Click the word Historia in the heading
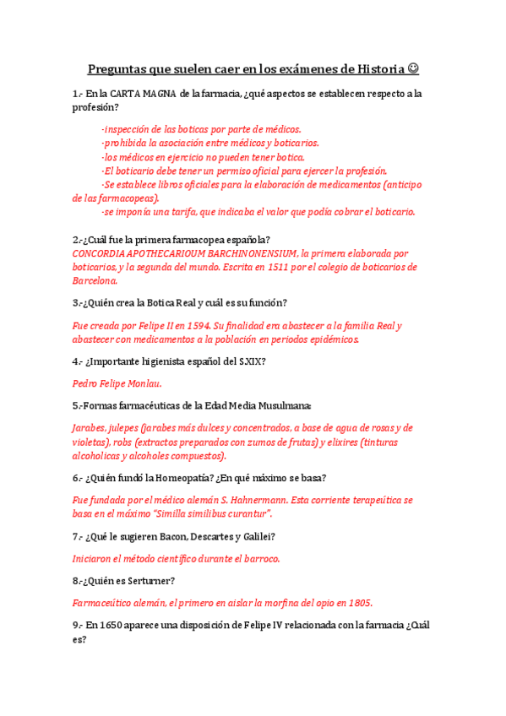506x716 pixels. (373, 68)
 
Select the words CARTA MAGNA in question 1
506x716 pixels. (143, 94)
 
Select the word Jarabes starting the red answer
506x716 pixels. (91, 427)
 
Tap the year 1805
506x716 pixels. (359, 602)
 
